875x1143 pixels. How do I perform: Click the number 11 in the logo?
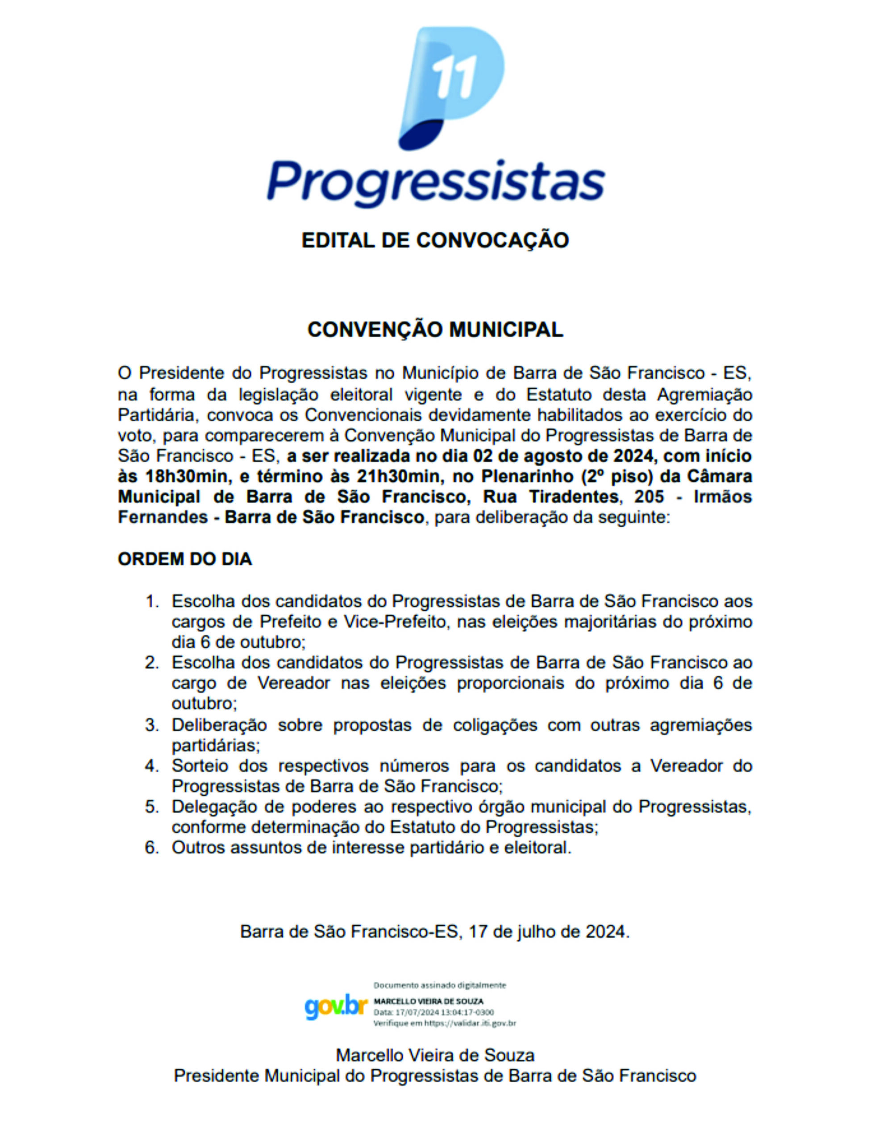click(x=454, y=77)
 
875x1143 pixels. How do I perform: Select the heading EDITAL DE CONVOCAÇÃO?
click(x=435, y=240)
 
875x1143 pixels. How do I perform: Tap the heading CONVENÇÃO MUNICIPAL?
click(x=435, y=330)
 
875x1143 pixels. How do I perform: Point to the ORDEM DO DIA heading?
click(x=185, y=559)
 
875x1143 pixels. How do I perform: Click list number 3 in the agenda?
click(x=152, y=725)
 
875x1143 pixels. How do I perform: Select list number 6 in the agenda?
click(x=152, y=847)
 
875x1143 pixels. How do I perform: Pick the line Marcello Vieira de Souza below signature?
click(x=435, y=1055)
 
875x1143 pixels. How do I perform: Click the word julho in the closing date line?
click(x=544, y=931)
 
